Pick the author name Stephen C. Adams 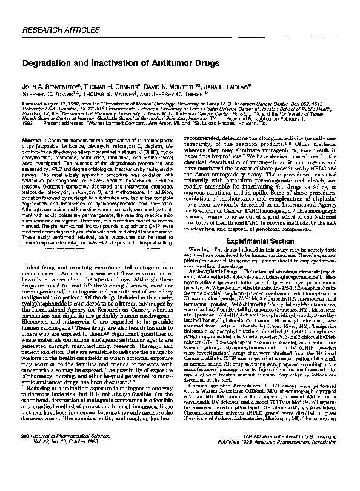48,94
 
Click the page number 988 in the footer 27,471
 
